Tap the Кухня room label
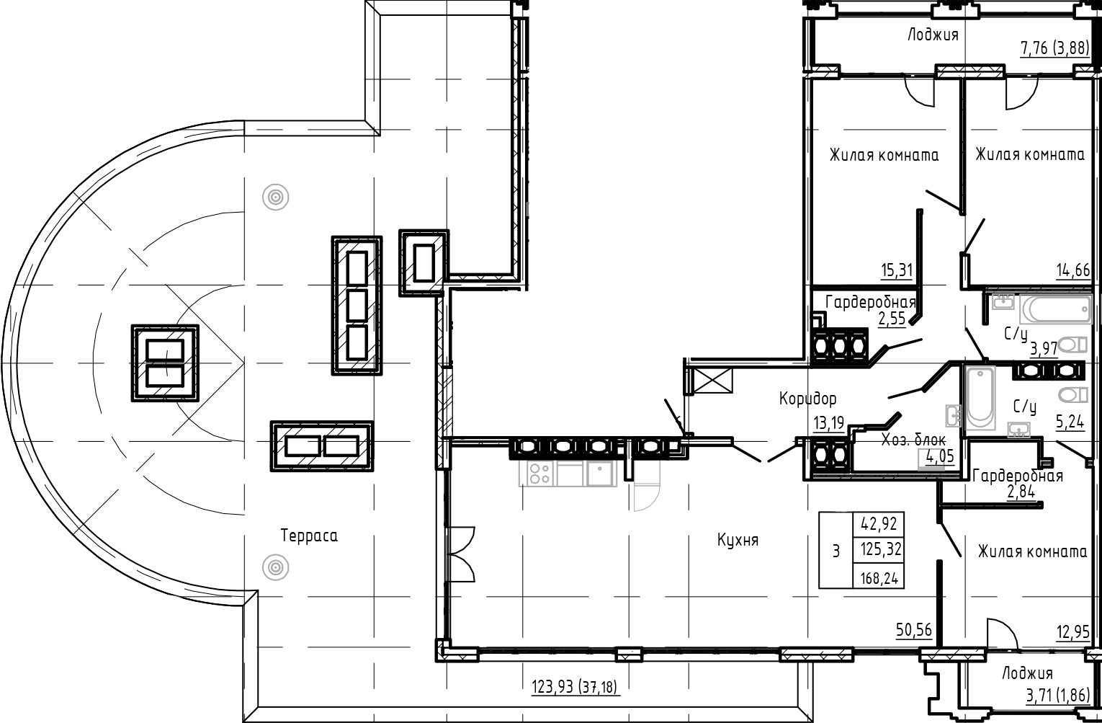click(738, 540)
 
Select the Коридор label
click(807, 398)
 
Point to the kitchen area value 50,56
click(913, 630)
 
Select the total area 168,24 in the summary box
click(879, 577)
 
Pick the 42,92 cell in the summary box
click(879, 523)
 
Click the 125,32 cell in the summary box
click(879, 550)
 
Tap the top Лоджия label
click(933, 35)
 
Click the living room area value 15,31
click(896, 270)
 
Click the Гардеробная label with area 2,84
click(1017, 476)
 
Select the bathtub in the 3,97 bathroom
click(1056, 311)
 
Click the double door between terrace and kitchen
click(460, 554)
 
